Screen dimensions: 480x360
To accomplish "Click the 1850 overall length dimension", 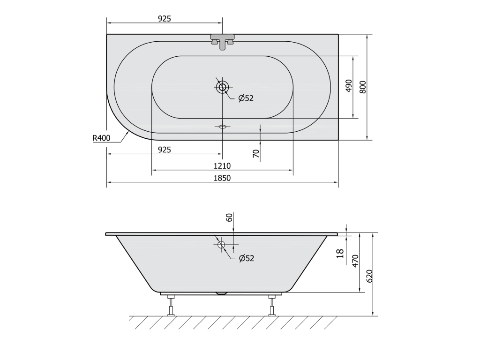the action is pos(222,178).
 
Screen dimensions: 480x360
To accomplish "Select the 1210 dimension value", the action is pos(222,166).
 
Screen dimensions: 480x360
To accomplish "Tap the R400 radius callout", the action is pos(101,138).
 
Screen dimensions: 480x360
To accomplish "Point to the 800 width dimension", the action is pos(363,87).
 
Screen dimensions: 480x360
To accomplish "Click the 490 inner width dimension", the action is pos(349,86).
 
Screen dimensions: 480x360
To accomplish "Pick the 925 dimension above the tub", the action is pos(165,19).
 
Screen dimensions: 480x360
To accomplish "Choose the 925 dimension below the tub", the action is pos(165,150).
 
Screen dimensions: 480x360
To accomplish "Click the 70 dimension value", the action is pos(256,153).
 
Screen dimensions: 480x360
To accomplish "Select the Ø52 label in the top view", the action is pos(246,98).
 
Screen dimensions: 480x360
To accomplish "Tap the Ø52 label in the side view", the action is pos(247,258).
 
